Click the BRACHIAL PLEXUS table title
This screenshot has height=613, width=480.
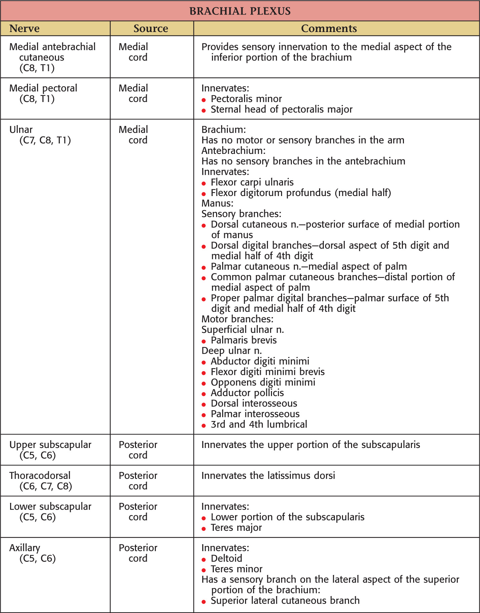click(240, 11)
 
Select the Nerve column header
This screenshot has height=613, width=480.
click(24, 29)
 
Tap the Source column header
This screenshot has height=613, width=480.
click(150, 29)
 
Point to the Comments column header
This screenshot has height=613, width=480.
click(329, 29)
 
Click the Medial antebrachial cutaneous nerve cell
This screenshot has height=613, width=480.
click(52, 57)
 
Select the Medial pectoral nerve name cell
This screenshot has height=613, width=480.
click(43, 93)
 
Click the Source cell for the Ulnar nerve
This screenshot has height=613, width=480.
click(133, 135)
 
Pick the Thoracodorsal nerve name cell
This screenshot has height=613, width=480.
click(40, 481)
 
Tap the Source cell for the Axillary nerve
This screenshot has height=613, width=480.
click(138, 553)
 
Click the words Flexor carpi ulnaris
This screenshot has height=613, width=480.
click(252, 183)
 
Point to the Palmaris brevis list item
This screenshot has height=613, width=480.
click(244, 340)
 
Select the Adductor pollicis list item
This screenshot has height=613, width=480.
click(247, 393)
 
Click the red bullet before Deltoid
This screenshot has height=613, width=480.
click(204, 559)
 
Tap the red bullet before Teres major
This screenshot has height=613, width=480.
click(204, 528)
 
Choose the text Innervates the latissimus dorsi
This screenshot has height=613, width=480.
click(268, 476)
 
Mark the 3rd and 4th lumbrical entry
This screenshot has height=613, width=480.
click(259, 424)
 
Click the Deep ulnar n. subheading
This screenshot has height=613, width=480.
click(232, 351)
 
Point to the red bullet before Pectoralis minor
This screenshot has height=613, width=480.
click(204, 100)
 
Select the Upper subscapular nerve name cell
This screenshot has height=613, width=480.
click(50, 450)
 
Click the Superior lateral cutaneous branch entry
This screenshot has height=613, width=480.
click(285, 601)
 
